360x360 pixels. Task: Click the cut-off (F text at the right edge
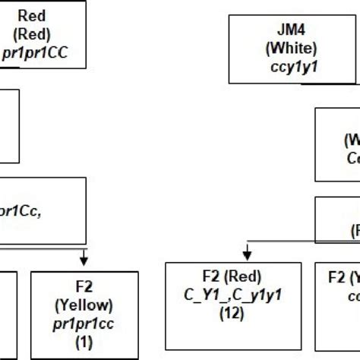click(x=354, y=230)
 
